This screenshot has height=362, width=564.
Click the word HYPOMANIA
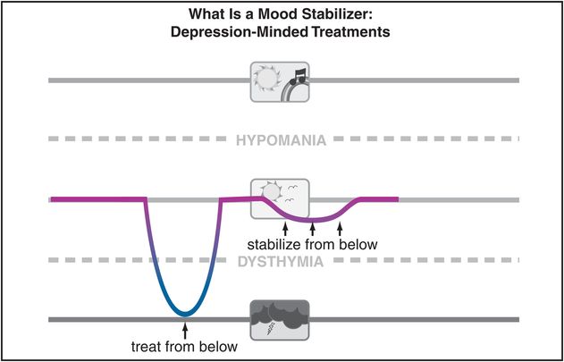pyautogui.click(x=281, y=140)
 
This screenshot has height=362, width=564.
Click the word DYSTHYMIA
pyautogui.click(x=281, y=261)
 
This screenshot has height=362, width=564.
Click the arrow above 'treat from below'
pyautogui.click(x=185, y=332)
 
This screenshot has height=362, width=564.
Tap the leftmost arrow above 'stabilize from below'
pyautogui.click(x=272, y=228)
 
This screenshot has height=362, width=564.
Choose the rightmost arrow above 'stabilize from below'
pyautogui.click(x=341, y=228)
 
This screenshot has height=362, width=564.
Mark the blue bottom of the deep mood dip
pyautogui.click(x=184, y=312)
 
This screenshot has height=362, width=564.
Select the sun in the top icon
pyautogui.click(x=268, y=79)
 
